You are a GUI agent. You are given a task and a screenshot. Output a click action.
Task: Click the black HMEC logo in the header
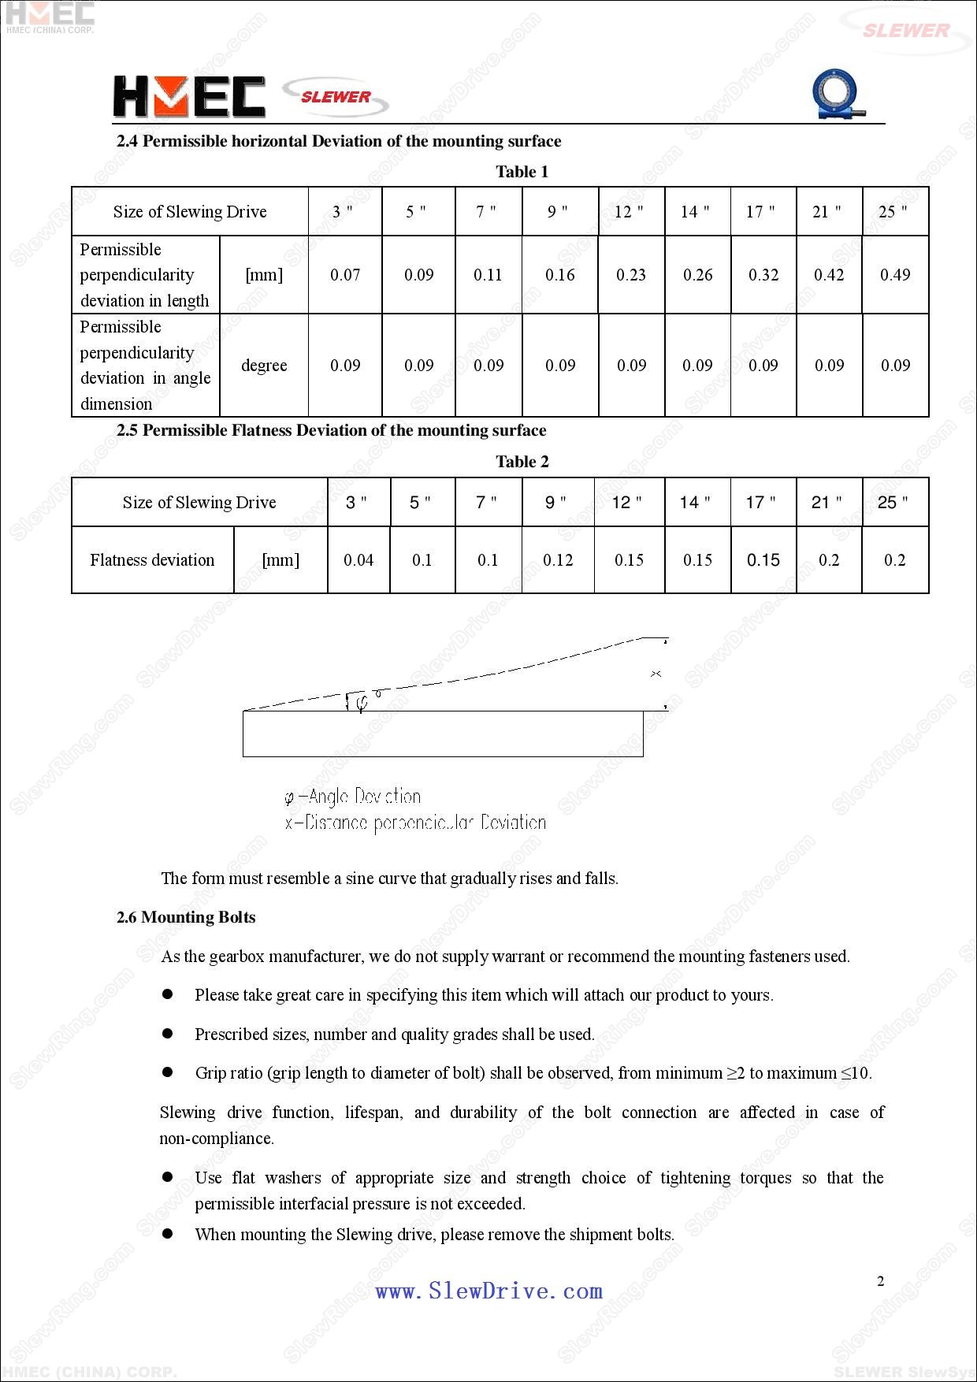click(x=189, y=97)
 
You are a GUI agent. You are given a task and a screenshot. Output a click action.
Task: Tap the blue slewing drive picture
click(x=837, y=95)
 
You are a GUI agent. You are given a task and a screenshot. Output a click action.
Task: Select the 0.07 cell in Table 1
click(x=345, y=275)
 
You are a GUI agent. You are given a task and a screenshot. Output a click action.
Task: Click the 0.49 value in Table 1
click(x=895, y=275)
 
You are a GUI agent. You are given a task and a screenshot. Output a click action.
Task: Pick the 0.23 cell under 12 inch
click(x=631, y=275)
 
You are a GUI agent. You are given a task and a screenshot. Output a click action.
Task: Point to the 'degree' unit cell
click(x=264, y=366)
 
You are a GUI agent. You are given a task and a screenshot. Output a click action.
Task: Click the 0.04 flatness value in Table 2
click(x=358, y=560)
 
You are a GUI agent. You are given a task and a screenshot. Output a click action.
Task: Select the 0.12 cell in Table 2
click(x=558, y=560)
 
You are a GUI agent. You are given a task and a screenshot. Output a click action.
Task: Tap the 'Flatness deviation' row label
click(x=152, y=560)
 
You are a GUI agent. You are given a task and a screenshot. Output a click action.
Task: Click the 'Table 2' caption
click(x=522, y=462)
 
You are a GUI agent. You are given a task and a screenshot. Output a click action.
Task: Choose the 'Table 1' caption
click(x=522, y=172)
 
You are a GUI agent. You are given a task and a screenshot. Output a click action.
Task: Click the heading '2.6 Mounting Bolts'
click(x=186, y=917)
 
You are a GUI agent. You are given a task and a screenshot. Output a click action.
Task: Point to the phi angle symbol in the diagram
click(x=361, y=702)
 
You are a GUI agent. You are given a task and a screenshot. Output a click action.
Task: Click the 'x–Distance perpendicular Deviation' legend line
click(x=415, y=823)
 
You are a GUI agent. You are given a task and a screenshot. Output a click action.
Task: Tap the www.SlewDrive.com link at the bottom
click(x=489, y=1291)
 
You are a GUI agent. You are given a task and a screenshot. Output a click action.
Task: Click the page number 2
click(x=881, y=1281)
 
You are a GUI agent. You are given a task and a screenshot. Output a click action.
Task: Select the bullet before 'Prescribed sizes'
click(x=167, y=1033)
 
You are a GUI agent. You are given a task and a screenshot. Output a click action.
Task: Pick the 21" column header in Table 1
click(x=827, y=211)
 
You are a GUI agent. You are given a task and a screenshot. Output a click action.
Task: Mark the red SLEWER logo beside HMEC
click(x=336, y=97)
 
